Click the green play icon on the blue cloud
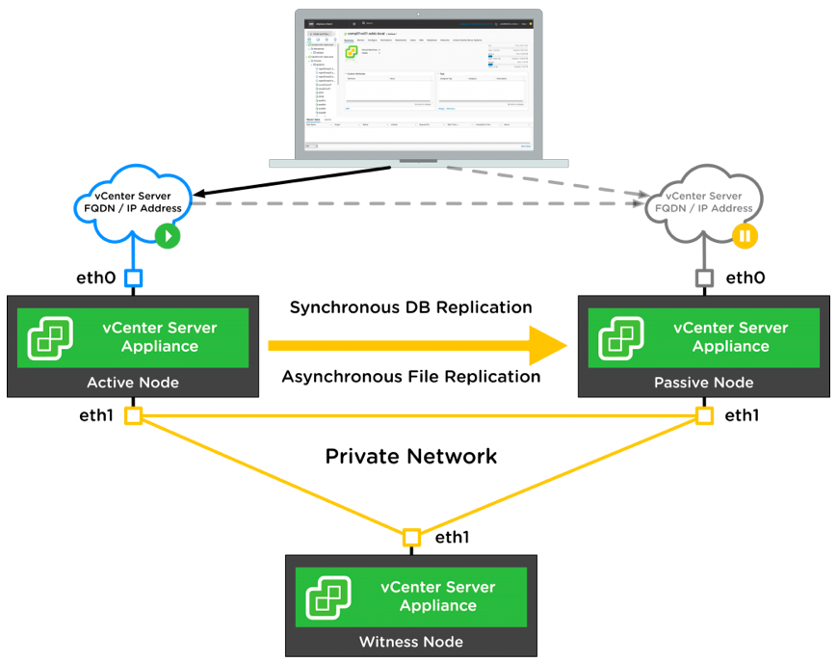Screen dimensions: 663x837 [x=169, y=235]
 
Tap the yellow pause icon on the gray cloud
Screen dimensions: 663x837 [x=745, y=235]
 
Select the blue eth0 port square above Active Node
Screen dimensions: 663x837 [x=134, y=279]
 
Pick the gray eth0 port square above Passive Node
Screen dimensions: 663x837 [x=705, y=279]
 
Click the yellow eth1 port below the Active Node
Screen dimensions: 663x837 [x=134, y=415]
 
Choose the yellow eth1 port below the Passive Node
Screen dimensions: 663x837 [x=705, y=415]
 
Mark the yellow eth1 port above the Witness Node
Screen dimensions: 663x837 [x=412, y=537]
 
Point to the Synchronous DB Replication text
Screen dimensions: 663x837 [x=411, y=307]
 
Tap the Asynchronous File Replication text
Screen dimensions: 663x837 [x=411, y=377]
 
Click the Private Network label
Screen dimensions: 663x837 [x=411, y=456]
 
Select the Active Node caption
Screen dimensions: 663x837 [x=133, y=383]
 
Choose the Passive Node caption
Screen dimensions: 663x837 [x=704, y=383]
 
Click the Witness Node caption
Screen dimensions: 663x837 [x=411, y=642]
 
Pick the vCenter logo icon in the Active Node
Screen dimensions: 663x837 [x=48, y=337]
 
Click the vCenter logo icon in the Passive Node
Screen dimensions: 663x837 [x=619, y=337]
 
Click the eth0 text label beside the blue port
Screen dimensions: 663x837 [x=96, y=278]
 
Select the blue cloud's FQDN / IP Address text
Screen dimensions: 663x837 [x=128, y=208]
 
